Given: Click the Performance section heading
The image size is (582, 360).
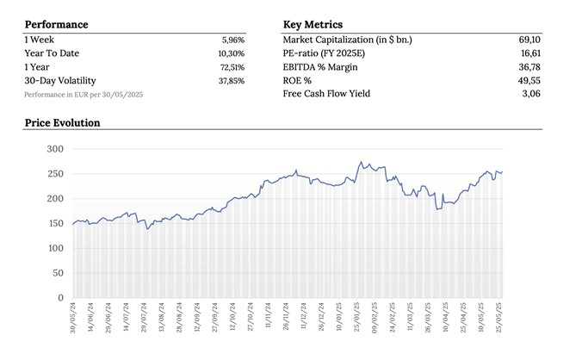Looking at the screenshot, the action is tap(57, 24).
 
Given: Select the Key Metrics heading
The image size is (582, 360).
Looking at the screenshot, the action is tap(313, 24).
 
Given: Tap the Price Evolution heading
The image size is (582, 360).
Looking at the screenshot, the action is tap(62, 123).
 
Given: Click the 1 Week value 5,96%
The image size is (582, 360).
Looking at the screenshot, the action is tap(233, 40).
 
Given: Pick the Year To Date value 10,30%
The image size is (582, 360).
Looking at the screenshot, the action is tap(232, 53).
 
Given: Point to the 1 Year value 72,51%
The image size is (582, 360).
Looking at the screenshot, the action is tap(232, 67).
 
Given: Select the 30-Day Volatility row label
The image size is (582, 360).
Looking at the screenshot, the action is tap(60, 81).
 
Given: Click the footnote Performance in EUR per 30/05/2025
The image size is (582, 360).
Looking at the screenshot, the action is tap(84, 95).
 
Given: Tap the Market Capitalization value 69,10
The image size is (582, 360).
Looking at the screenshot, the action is tap(529, 40).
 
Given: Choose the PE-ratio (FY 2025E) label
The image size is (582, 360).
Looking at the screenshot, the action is tap(324, 53).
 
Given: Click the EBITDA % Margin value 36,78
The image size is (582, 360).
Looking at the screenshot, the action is tap(529, 67).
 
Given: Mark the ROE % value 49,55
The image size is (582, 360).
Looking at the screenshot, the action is tap(529, 81).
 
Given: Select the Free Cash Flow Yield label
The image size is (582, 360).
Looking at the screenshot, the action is tap(326, 94).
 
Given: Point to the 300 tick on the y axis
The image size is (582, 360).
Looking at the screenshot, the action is tap(55, 149).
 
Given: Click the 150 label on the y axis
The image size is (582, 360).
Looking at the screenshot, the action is tap(56, 223).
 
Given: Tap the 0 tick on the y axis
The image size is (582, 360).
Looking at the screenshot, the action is tap(61, 298).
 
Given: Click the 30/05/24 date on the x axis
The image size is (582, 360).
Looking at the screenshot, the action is tap(72, 318).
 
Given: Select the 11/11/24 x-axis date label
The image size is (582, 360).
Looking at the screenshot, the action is tap(268, 314).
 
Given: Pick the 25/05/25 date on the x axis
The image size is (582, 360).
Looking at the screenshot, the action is tap(498, 318).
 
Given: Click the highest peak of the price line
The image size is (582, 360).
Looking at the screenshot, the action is tap(361, 162).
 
